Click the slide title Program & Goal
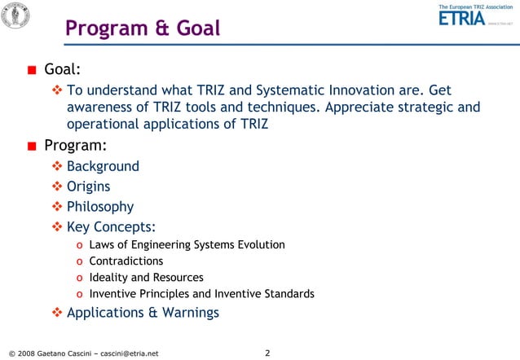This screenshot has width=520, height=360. pyautogui.click(x=143, y=29)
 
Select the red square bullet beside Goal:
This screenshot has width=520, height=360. pyautogui.click(x=31, y=70)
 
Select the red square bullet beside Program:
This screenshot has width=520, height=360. pyautogui.click(x=31, y=147)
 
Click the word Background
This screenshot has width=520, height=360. pyautogui.click(x=103, y=167)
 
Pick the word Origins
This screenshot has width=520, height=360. pyautogui.click(x=88, y=187)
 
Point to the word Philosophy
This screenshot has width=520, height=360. pyautogui.click(x=99, y=207)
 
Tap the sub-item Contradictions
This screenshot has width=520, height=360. pyautogui.click(x=126, y=261)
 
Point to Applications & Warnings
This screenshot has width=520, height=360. pyautogui.click(x=143, y=313)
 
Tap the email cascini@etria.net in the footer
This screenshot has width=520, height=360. pyautogui.click(x=125, y=353)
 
